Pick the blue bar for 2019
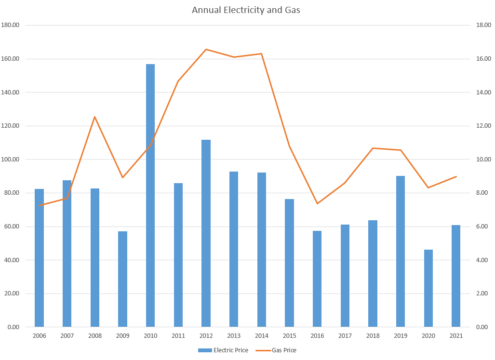[x=401, y=251]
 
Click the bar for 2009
[x=122, y=279]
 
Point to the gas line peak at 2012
[x=206, y=50]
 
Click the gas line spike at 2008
[x=94, y=117]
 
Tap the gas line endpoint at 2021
[x=456, y=176]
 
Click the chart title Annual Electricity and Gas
[x=246, y=10]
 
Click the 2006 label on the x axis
[x=39, y=336]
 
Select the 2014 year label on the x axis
[x=262, y=336]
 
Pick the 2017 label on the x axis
[x=345, y=336]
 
